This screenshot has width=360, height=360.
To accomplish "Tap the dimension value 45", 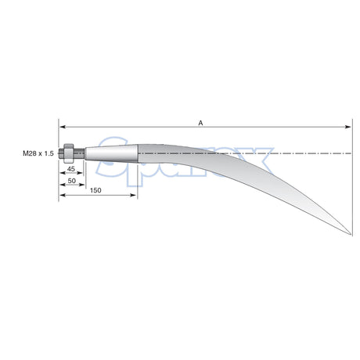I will click(x=70, y=169).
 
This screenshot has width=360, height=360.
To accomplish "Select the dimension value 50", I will click(x=72, y=181).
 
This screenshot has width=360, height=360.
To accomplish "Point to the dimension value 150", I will click(x=94, y=190).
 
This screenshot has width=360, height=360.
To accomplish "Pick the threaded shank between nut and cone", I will click(x=77, y=153).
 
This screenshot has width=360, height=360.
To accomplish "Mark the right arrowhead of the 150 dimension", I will click(x=136, y=196).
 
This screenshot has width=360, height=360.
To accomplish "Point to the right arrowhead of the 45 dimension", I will click(x=81, y=175).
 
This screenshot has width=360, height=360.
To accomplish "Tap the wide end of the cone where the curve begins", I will click(x=139, y=153).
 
